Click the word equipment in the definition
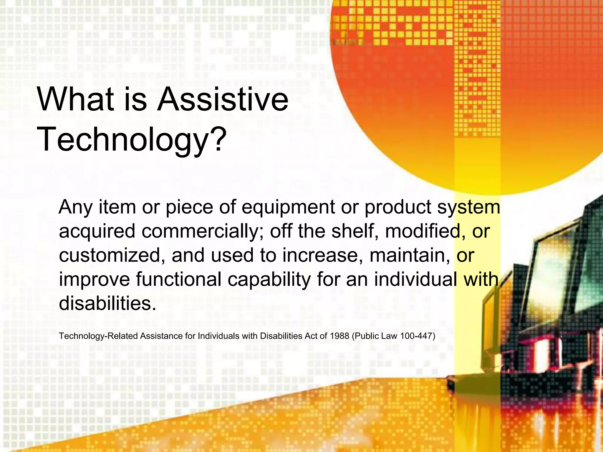tap(288, 207)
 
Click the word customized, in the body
tap(112, 255)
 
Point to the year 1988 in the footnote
tap(339, 336)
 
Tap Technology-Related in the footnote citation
tap(98, 336)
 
